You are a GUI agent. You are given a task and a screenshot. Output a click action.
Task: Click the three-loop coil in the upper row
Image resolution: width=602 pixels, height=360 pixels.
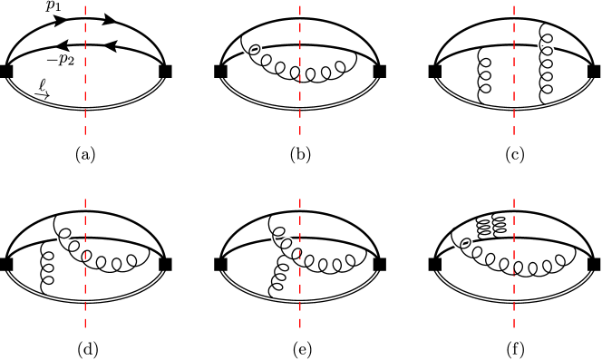(x=265, y=61)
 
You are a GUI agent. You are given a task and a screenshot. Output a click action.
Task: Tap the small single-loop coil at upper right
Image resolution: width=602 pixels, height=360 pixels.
(x=546, y=49)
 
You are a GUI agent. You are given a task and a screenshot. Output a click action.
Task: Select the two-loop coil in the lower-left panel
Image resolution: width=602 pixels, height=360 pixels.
(x=67, y=242)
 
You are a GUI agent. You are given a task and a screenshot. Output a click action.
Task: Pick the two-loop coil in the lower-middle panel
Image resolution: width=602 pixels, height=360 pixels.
(x=284, y=242)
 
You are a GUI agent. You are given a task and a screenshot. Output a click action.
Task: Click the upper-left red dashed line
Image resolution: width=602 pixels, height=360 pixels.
(x=85, y=68)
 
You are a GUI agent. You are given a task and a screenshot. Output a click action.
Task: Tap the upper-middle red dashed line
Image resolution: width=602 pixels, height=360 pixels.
(x=300, y=68)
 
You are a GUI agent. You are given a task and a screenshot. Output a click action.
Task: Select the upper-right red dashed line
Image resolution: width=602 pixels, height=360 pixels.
(x=514, y=68)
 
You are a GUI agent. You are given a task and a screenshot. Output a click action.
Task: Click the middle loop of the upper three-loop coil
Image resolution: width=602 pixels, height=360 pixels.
(x=267, y=61)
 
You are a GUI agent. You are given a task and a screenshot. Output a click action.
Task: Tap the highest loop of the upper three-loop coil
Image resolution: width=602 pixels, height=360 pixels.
(x=255, y=51)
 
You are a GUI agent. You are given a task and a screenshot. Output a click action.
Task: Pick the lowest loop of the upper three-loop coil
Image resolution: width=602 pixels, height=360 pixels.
(x=280, y=68)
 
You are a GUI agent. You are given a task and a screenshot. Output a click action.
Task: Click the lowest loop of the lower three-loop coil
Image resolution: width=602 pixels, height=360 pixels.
(x=490, y=260)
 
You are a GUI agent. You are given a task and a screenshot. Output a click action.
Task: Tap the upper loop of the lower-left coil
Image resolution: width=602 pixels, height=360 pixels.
(x=64, y=234)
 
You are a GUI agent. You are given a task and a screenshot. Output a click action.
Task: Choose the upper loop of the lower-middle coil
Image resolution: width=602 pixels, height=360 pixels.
(x=279, y=233)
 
